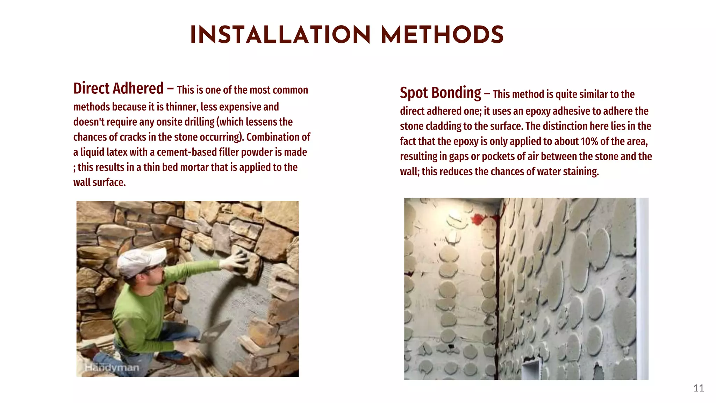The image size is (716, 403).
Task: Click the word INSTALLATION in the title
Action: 280,35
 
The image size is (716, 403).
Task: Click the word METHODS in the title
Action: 442,35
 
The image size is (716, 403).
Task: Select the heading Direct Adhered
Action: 118,88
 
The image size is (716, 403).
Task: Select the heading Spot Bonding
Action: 441,93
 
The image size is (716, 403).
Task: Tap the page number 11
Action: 698,388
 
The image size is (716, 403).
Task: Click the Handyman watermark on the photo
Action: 112,368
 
